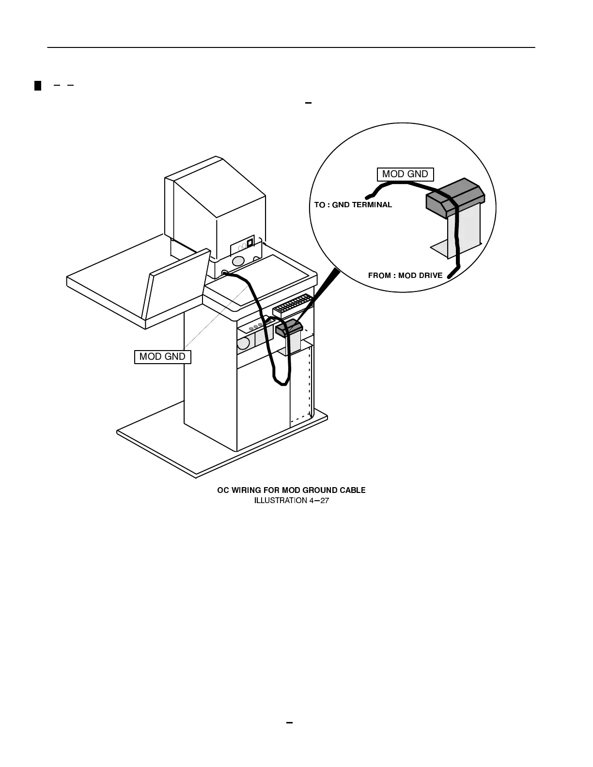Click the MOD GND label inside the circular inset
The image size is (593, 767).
point(405,174)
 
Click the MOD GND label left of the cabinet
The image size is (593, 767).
point(162,357)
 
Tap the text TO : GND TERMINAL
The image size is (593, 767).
point(353,205)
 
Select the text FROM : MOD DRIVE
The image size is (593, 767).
point(405,276)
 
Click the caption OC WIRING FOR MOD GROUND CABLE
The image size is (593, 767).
point(291,490)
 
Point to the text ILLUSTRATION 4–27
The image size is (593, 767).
point(291,500)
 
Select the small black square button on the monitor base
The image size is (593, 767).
point(250,243)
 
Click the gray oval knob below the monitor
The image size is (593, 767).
point(238,261)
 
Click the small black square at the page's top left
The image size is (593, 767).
point(38,86)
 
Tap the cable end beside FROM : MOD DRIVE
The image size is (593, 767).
point(450,276)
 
